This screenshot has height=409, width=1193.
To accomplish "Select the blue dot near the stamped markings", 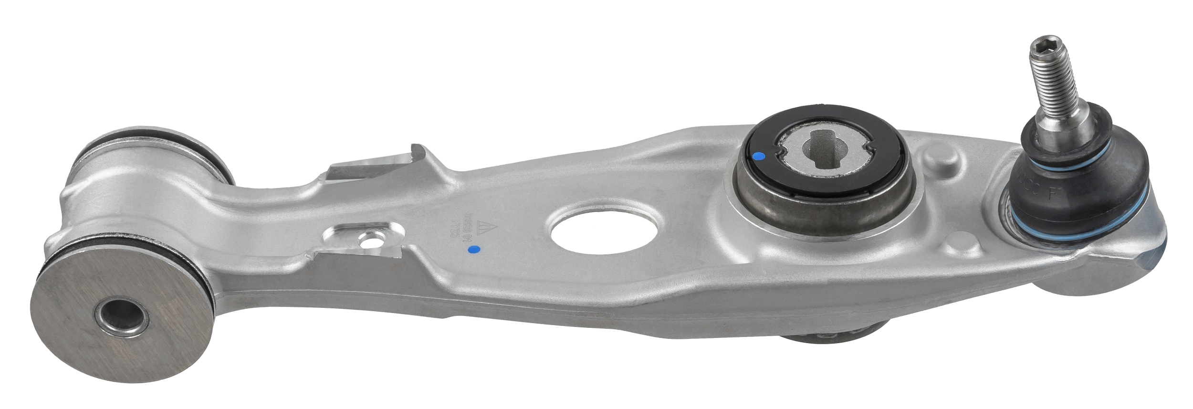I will [473, 249].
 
